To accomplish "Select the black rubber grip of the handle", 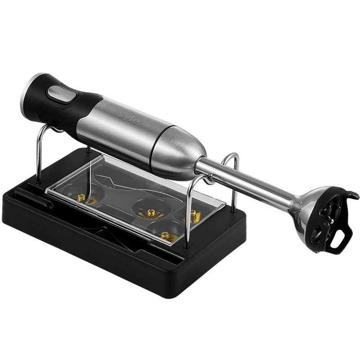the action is (62, 103).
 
